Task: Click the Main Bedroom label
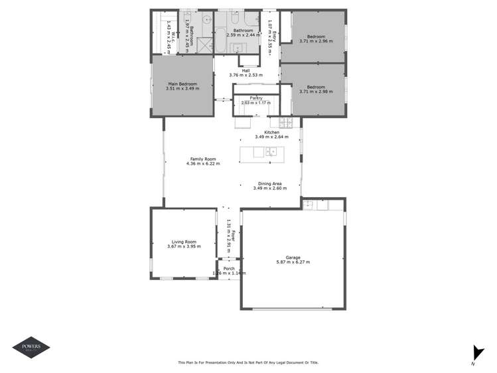point(182,84)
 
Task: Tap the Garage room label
point(293,257)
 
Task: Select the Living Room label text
point(182,242)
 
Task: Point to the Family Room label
point(203,159)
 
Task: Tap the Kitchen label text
point(272,132)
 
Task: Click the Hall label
point(246,70)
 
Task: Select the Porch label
point(229,268)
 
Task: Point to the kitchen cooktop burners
point(287,122)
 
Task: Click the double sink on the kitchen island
point(271,152)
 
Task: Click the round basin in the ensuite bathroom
point(206,21)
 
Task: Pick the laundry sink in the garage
point(309,205)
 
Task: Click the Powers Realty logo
point(31,347)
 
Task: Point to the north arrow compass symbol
point(475,353)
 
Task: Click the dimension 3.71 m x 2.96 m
point(316,41)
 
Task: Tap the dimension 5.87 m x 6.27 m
point(293,262)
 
